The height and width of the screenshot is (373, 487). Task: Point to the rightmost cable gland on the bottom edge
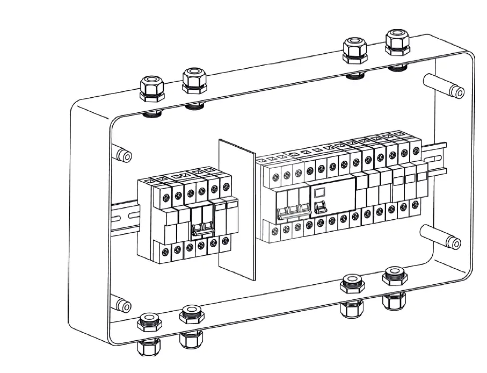pos(394,285)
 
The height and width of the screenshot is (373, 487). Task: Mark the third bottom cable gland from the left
pos(352,293)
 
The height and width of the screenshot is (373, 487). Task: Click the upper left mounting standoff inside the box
pos(122,155)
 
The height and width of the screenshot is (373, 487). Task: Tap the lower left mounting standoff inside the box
pos(122,305)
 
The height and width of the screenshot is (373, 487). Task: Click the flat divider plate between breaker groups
pos(237,210)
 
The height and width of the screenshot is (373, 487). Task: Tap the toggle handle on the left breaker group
pos(200,229)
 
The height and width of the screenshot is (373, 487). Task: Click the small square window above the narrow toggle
pos(319,192)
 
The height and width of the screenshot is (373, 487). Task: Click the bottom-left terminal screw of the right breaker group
pos(275,232)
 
